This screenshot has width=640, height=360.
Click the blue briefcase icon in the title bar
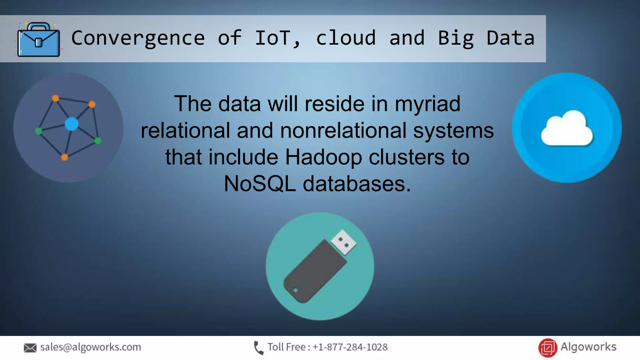point(39,40)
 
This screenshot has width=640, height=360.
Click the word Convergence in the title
point(138,38)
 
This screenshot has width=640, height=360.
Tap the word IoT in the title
point(274,38)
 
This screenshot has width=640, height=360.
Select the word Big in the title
point(456,38)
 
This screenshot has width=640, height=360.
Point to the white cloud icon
point(567,129)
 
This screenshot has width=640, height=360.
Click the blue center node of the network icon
point(72,124)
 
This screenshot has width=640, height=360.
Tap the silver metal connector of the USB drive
point(343,242)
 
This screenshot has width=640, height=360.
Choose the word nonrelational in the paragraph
point(343,130)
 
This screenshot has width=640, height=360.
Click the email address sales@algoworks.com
point(91,347)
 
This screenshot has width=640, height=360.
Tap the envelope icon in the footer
point(30,348)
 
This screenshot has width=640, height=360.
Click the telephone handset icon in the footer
point(258,348)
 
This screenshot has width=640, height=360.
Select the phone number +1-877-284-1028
point(350,347)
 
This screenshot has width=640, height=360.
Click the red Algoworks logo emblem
point(547,347)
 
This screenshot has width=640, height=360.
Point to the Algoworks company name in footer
point(588,347)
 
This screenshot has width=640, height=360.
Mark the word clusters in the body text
point(407,157)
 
